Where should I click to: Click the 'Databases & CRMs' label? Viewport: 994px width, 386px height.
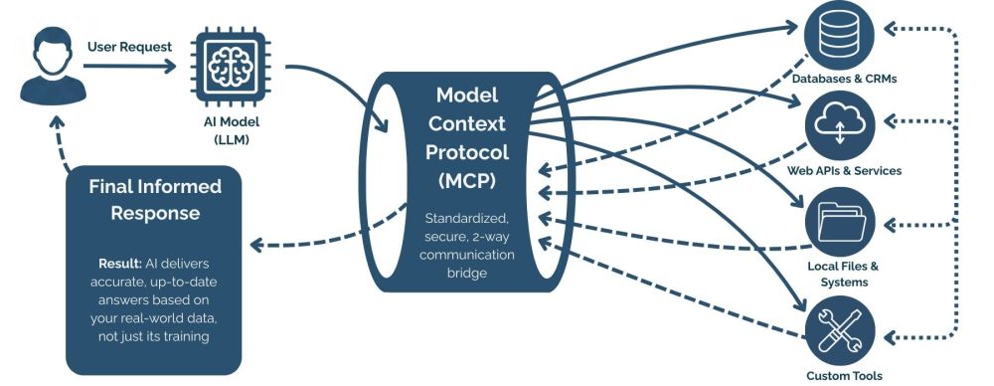tap(844, 78)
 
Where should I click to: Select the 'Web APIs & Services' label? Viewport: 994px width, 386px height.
tap(844, 170)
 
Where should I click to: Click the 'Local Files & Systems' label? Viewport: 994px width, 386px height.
tap(844, 274)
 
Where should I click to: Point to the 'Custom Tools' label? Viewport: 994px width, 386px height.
tap(844, 375)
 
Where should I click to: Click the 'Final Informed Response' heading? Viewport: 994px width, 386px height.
tap(155, 199)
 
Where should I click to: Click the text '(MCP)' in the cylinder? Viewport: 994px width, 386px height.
tap(466, 181)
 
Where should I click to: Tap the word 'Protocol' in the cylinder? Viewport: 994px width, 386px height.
tap(466, 152)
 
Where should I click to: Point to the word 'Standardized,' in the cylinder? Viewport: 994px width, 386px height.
tap(466, 218)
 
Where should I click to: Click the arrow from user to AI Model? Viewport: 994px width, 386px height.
tap(134, 66)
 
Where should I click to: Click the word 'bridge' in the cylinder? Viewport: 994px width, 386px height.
tap(466, 272)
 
